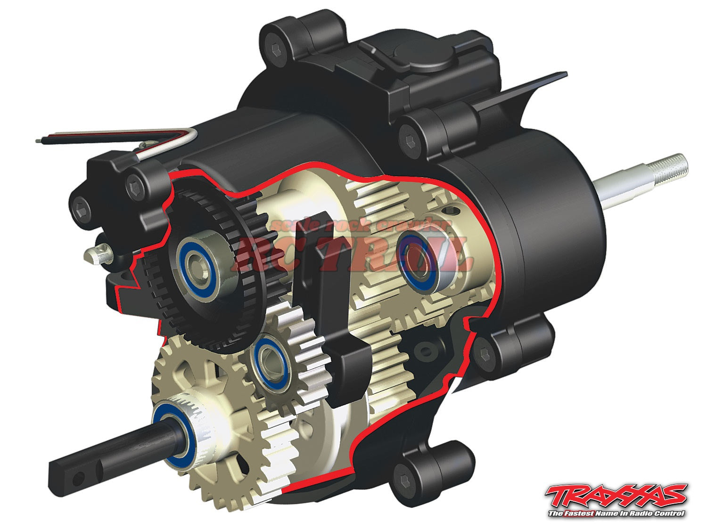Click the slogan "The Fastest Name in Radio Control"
click(617, 513)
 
